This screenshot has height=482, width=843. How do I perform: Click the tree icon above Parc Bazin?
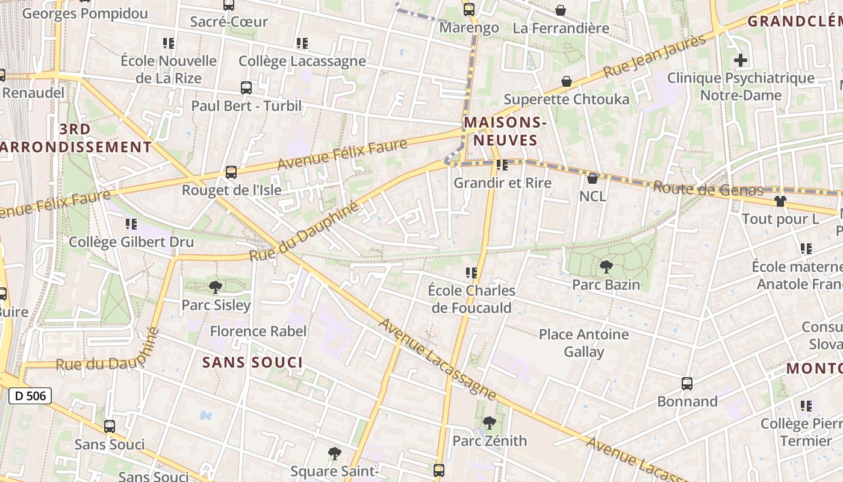pyautogui.click(x=606, y=267)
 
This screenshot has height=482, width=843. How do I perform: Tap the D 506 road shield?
pyautogui.click(x=30, y=396)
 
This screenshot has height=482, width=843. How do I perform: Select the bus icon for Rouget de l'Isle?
pyautogui.click(x=231, y=172)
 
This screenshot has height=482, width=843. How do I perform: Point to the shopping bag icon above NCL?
pyautogui.click(x=593, y=178)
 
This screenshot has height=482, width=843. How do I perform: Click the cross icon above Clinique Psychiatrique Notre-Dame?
pyautogui.click(x=741, y=60)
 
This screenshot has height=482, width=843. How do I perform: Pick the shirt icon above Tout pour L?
pyautogui.click(x=780, y=201)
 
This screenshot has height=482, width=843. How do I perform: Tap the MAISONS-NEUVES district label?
pyautogui.click(x=505, y=131)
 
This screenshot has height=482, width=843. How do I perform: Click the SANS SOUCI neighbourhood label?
pyautogui.click(x=252, y=362)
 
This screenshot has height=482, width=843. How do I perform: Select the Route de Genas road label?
pyautogui.click(x=708, y=189)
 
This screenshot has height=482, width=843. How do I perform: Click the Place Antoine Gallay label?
pyautogui.click(x=583, y=343)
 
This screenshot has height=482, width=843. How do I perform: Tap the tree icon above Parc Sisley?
pyautogui.click(x=216, y=287)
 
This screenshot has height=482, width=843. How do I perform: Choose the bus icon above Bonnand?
pyautogui.click(x=687, y=384)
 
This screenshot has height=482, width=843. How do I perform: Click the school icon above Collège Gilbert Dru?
pyautogui.click(x=131, y=224)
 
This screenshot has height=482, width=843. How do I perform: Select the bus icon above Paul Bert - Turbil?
pyautogui.click(x=246, y=88)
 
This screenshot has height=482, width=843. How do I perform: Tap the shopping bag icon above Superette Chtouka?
pyautogui.click(x=567, y=81)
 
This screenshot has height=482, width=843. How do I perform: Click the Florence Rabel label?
pyautogui.click(x=258, y=331)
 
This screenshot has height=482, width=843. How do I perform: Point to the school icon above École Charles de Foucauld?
pyautogui.click(x=471, y=273)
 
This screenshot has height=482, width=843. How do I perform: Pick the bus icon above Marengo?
pyautogui.click(x=469, y=10)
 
